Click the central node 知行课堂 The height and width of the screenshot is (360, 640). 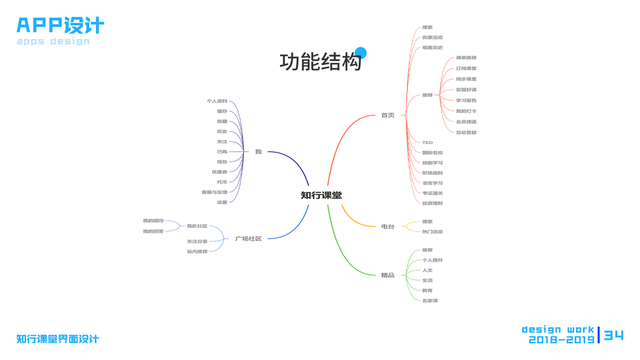[x=321, y=195]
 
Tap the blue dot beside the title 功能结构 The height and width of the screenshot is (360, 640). [x=360, y=53]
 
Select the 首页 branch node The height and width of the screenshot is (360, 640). [x=387, y=115]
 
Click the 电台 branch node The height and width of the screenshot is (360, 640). [x=387, y=226]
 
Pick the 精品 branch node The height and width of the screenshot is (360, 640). [x=387, y=275]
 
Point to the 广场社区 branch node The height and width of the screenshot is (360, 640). [x=248, y=239]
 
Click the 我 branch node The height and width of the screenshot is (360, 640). [x=259, y=152]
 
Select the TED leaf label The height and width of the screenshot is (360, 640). [x=427, y=143]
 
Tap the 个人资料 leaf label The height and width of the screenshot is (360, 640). [x=217, y=101]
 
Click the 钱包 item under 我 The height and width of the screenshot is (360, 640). [x=222, y=162]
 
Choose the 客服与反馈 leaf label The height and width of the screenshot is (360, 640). [x=215, y=193]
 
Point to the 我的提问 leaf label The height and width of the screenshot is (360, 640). [x=153, y=221]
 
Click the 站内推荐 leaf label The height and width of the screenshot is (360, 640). [x=197, y=252]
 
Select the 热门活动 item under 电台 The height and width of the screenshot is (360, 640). [x=432, y=232]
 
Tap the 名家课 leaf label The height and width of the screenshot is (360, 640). [x=429, y=301]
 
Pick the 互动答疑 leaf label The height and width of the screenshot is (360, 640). [x=465, y=133]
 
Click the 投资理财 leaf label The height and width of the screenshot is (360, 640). [x=432, y=203]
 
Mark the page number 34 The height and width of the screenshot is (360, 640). [x=614, y=335]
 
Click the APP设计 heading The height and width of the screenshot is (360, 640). [x=60, y=25]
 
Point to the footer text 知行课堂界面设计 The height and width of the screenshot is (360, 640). [x=58, y=339]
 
